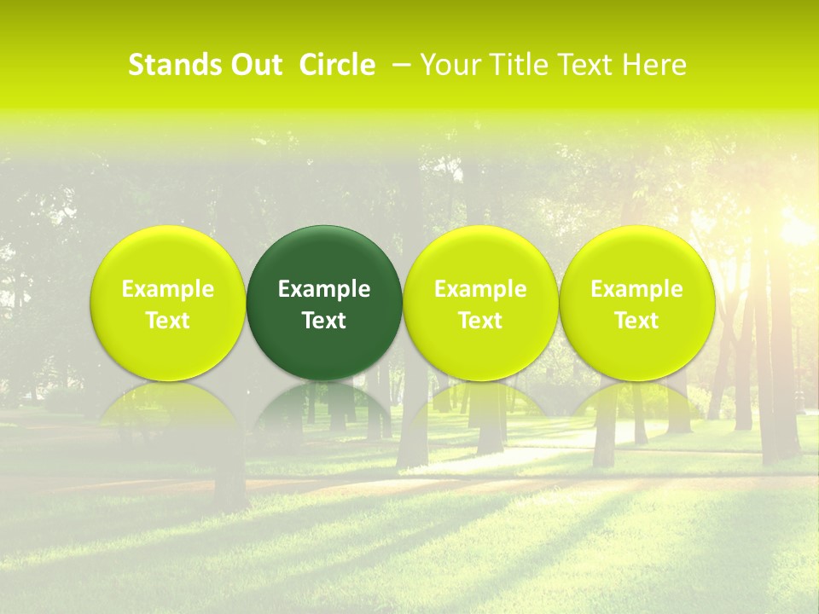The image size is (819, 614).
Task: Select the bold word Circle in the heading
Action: click(337, 65)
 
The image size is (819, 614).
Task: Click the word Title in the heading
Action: click(515, 65)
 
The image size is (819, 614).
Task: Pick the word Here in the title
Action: click(654, 65)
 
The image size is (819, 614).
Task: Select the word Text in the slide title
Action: click(584, 65)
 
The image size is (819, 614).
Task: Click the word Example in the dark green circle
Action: click(324, 289)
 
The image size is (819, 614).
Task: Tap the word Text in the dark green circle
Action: click(324, 321)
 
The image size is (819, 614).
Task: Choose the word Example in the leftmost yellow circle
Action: click(168, 289)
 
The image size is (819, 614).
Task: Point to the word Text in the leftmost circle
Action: click(168, 321)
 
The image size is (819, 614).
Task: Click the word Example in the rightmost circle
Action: click(637, 289)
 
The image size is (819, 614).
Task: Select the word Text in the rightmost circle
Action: click(637, 321)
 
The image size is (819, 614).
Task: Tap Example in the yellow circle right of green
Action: click(481, 289)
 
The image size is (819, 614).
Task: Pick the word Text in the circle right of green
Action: click(481, 321)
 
